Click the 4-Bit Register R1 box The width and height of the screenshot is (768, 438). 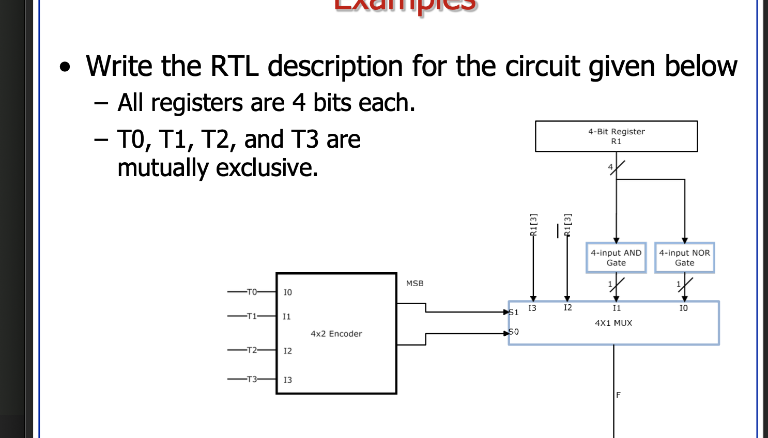pos(616,136)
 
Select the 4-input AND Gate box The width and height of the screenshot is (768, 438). pos(616,258)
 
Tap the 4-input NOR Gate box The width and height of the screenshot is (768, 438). pos(684,258)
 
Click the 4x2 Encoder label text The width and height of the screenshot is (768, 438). pos(336,334)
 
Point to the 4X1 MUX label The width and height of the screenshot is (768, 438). pos(613,323)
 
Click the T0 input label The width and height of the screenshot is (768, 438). pos(252,292)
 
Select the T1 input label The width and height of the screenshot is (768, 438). pos(252,316)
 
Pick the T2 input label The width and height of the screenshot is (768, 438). pos(252,350)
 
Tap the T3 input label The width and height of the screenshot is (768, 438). pos(252,379)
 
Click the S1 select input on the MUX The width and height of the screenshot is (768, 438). pos(514,312)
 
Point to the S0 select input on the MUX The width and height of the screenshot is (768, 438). pos(514,332)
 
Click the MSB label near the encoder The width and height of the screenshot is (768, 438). pos(414,284)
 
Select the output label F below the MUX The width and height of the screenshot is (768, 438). pos(618,395)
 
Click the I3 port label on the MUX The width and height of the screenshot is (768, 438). pos(532,308)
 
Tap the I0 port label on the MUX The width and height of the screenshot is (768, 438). pos(683,308)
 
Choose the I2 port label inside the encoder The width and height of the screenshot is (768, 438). pos(287,351)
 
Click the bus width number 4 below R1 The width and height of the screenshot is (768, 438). pos(610,167)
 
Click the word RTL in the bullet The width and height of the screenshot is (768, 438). pos(234,67)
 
